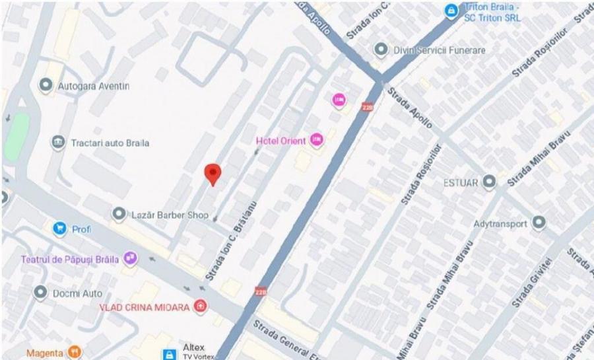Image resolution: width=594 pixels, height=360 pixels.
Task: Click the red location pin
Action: click(x=212, y=173)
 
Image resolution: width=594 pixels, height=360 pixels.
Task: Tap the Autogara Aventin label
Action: click(x=94, y=86)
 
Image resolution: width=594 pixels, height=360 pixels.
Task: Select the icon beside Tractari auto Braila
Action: click(x=58, y=143)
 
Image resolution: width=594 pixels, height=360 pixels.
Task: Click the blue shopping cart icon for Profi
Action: click(x=60, y=229)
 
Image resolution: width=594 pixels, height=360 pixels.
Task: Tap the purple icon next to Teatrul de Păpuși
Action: click(x=131, y=258)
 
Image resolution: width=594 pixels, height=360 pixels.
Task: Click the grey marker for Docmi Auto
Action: click(x=40, y=292)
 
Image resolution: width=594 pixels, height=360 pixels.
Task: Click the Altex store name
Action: click(x=194, y=347)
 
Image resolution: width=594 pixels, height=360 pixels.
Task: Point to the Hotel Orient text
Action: click(x=280, y=141)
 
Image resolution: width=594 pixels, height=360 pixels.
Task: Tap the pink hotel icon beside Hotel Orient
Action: click(x=317, y=139)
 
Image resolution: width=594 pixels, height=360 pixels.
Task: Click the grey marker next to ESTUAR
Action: click(x=489, y=181)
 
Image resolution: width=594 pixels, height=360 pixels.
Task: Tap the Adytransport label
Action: click(x=500, y=223)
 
